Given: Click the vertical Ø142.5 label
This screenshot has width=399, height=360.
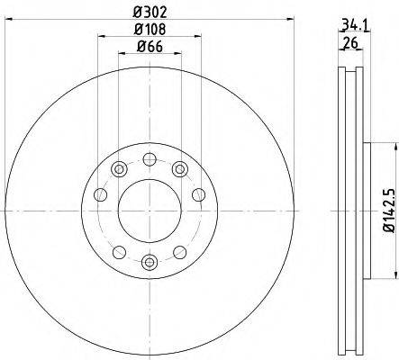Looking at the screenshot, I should coord(388,211).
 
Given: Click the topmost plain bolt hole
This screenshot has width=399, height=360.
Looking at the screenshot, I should coord(150,157).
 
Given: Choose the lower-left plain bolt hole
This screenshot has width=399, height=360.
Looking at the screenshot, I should coord(118,252).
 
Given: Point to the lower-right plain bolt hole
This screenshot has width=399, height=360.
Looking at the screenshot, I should coord(181,252).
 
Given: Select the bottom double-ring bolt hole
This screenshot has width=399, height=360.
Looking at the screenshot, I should coord(150,262).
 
